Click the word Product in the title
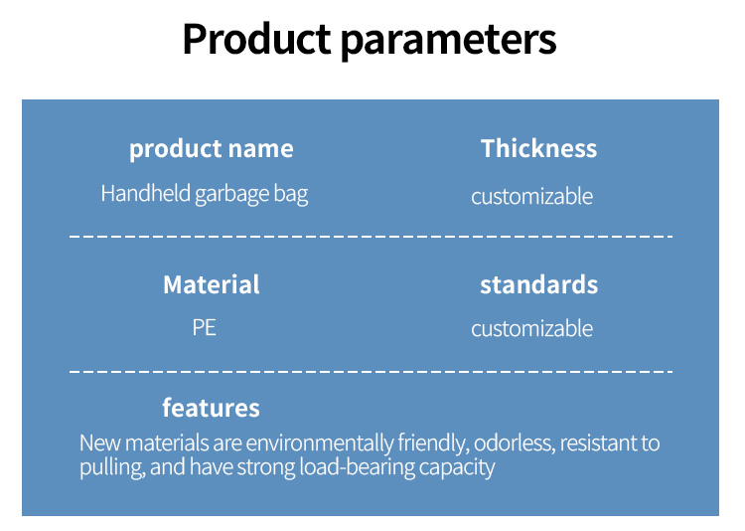point(257,39)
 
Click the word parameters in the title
point(449,42)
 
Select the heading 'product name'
point(212,149)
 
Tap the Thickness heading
point(538,148)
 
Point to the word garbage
point(231,195)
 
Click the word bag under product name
point(291,195)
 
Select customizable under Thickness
point(532,196)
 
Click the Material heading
point(212,284)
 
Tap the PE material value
point(205,328)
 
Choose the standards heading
point(538,284)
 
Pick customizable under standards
point(532,328)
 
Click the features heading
point(211,408)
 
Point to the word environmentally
point(320,442)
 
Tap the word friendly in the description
point(433,442)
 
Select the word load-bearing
point(357,466)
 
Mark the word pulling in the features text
point(112,467)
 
